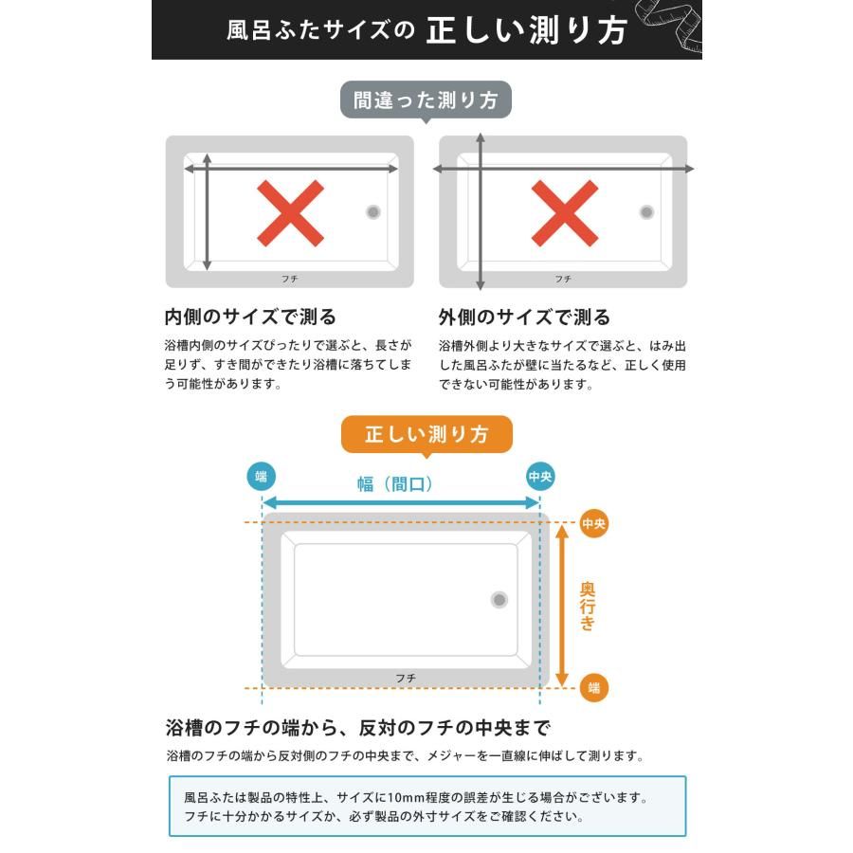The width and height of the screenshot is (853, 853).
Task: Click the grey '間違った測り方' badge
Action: tap(426, 100)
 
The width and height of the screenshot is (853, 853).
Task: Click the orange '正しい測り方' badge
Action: tap(426, 435)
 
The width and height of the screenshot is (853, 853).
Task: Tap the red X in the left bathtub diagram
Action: tap(290, 213)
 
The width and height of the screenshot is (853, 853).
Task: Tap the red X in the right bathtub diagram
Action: tap(564, 213)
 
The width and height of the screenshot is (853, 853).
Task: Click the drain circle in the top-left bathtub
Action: tap(373, 212)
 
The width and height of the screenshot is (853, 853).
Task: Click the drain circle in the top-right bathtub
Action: tap(646, 212)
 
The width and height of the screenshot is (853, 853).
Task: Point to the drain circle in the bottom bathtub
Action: tap(499, 599)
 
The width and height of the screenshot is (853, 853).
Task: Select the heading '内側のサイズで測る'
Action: tap(250, 317)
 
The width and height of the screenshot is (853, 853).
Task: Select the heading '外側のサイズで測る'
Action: tap(524, 317)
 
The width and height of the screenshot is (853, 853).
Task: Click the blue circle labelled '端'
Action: tap(262, 476)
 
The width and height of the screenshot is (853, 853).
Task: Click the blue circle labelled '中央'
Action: tap(540, 476)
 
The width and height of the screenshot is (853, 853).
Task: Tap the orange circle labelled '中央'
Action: tap(593, 523)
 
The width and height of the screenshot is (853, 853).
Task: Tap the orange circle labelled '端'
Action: tap(593, 688)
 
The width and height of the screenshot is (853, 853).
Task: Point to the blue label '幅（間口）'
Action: tap(395, 484)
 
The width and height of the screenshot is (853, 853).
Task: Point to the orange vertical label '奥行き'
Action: tap(588, 606)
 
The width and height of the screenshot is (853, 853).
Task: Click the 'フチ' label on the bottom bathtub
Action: tap(405, 678)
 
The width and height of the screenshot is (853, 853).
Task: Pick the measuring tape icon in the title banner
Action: tap(675, 28)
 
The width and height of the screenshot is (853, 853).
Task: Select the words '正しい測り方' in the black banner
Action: tap(526, 30)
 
